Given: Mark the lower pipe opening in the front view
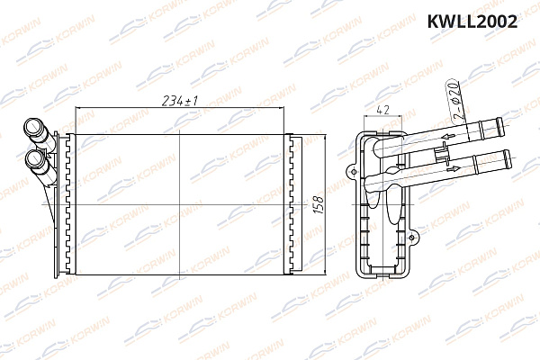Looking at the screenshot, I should (35, 160).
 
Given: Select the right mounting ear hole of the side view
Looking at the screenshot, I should (413, 237).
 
